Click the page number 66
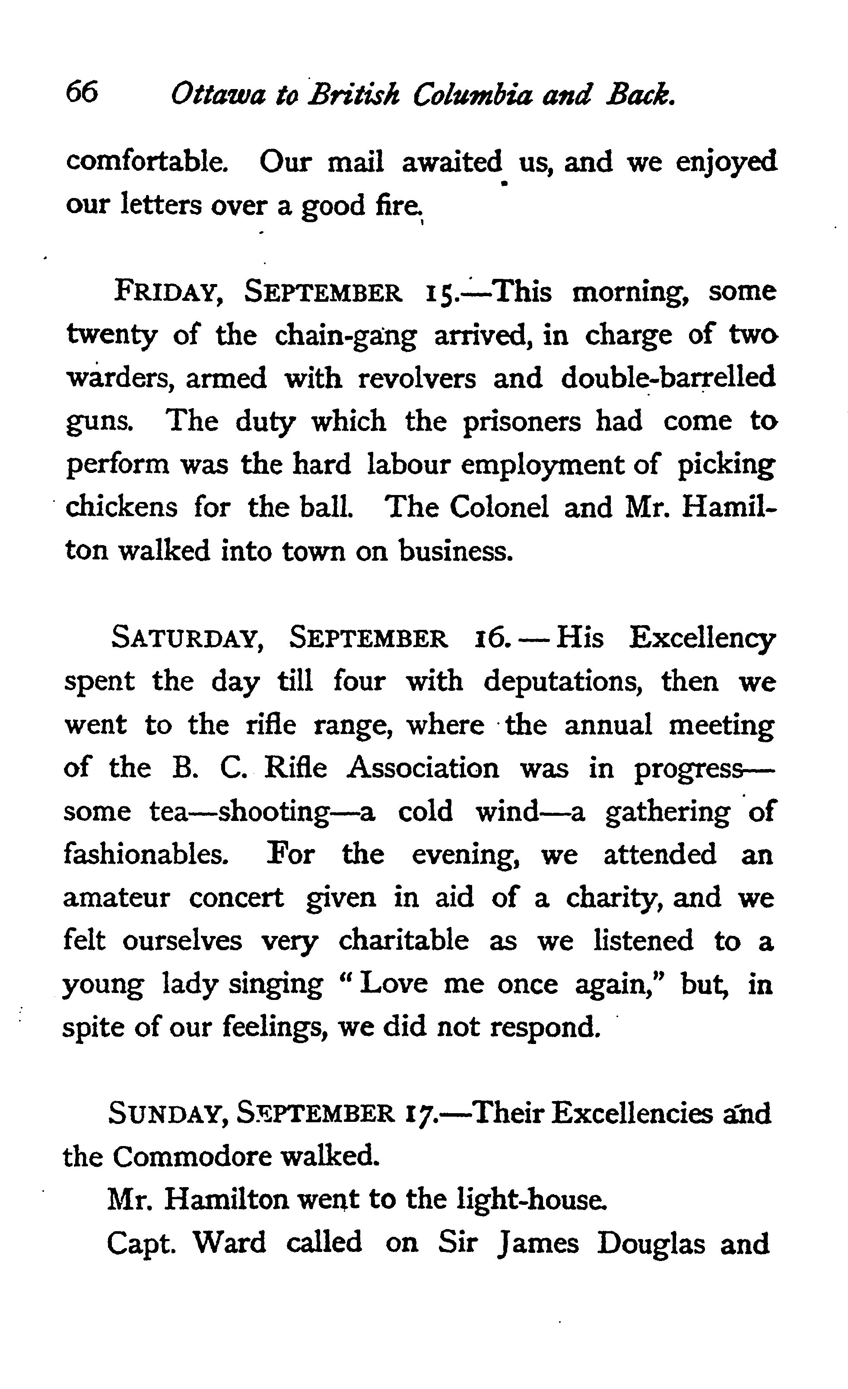click(82, 92)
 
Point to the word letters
click(161, 204)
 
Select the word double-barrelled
click(668, 378)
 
